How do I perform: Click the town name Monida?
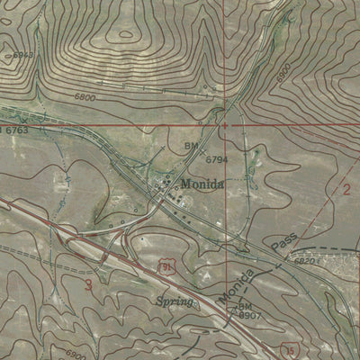[x=199, y=184]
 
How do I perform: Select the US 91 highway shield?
[x=166, y=264]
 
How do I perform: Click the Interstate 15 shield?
[x=289, y=348]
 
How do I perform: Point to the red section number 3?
[x=88, y=285]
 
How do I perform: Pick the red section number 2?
[x=346, y=189]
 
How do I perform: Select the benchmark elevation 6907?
[x=249, y=317]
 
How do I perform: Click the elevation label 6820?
[x=305, y=260]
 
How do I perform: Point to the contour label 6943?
[x=22, y=56]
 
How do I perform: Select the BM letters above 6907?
[x=244, y=307]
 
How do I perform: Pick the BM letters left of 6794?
[x=191, y=144]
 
